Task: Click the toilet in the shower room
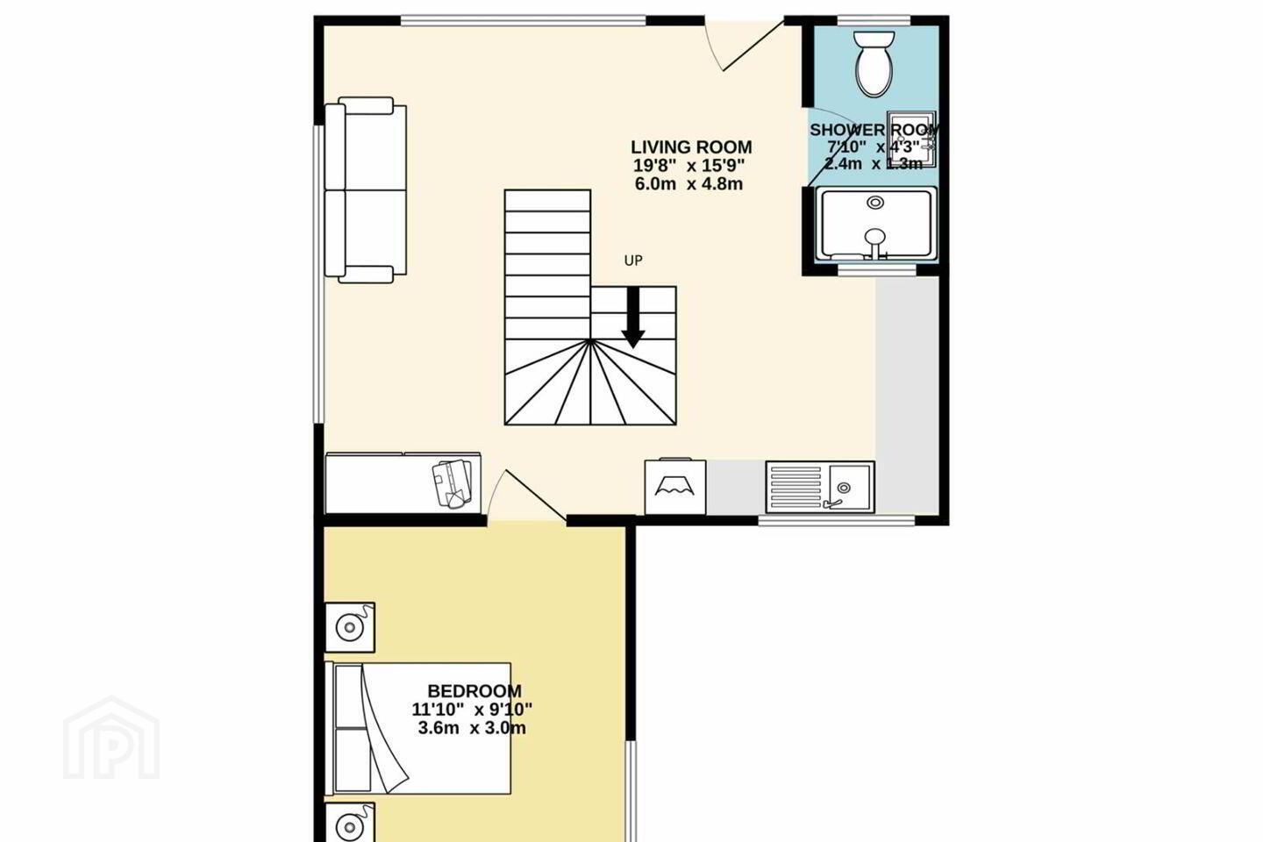coord(874,63)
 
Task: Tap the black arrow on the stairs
coord(633,318)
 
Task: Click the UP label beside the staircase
coord(633,260)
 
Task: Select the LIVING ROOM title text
coord(691,147)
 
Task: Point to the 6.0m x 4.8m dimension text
coord(689,184)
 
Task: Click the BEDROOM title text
coord(475,691)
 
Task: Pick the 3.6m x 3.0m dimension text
coord(472,728)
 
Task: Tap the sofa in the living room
coord(366,190)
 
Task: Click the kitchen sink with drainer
coord(820,488)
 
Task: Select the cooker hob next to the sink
coord(675,486)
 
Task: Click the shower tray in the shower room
coord(875,225)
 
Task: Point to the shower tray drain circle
coord(875,203)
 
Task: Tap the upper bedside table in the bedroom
coord(350,627)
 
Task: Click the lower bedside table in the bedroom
coord(350,823)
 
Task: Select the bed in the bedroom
coord(417,728)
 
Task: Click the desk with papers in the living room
coord(403,483)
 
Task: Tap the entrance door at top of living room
coord(745,45)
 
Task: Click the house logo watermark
coord(111,738)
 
